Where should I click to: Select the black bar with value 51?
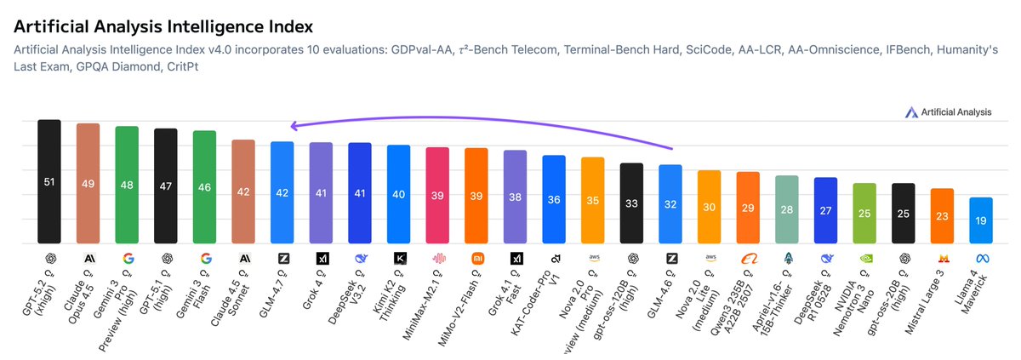(x=49, y=181)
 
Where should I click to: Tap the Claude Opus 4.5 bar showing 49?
(x=88, y=183)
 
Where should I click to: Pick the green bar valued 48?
(x=127, y=185)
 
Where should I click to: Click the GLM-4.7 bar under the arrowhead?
(x=282, y=192)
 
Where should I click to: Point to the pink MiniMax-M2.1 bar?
(x=437, y=195)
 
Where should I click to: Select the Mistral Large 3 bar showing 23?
(x=942, y=215)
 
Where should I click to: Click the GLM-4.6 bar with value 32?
(x=670, y=203)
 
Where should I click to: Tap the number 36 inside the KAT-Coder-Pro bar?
(x=554, y=200)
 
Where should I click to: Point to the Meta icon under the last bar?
(x=980, y=258)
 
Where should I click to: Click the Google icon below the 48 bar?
(x=127, y=258)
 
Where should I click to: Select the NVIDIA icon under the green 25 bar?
(x=864, y=258)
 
